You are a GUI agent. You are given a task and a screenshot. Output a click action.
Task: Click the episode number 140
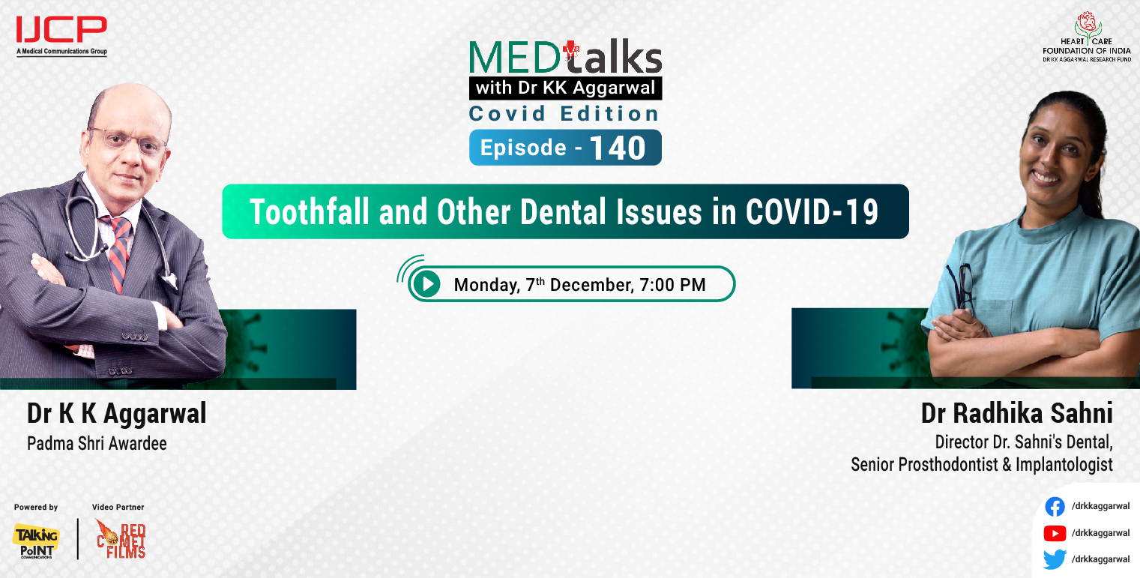(617, 148)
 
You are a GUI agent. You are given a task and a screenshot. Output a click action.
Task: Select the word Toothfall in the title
(309, 212)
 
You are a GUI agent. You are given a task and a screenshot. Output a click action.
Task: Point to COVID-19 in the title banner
(812, 212)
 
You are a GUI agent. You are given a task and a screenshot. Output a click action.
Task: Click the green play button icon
(426, 284)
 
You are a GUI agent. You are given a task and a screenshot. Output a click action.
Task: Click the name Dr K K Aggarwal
(116, 413)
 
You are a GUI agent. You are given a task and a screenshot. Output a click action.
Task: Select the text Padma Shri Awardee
(97, 443)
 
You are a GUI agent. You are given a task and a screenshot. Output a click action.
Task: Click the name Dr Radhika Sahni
(1016, 414)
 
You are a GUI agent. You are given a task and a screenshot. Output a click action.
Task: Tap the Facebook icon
(1055, 507)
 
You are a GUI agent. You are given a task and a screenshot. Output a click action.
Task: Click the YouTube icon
(1055, 533)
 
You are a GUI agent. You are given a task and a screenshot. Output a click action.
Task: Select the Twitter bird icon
(1055, 559)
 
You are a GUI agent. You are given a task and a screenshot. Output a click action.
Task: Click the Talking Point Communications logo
(35, 541)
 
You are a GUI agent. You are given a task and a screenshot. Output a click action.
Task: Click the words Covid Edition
(564, 114)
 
